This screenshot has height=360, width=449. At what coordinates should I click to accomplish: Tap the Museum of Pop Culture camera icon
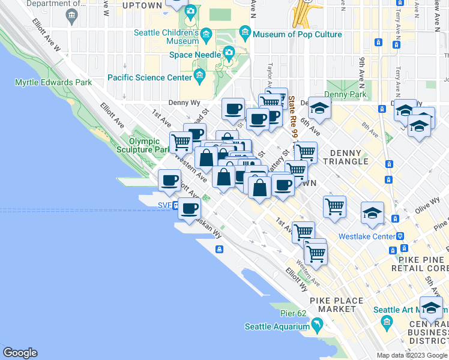tap(244, 31)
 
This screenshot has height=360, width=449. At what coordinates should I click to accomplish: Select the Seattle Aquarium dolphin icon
tap(316, 326)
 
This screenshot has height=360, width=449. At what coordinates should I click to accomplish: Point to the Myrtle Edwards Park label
tap(53, 82)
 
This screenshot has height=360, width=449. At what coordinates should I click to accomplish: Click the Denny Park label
tap(345, 94)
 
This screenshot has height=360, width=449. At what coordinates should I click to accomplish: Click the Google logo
tap(20, 353)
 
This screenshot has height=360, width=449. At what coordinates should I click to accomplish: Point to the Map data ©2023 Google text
tap(412, 355)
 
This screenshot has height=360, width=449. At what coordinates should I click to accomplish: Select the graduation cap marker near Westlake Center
tap(372, 213)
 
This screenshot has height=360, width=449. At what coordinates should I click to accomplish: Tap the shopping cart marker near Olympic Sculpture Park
tap(180, 142)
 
